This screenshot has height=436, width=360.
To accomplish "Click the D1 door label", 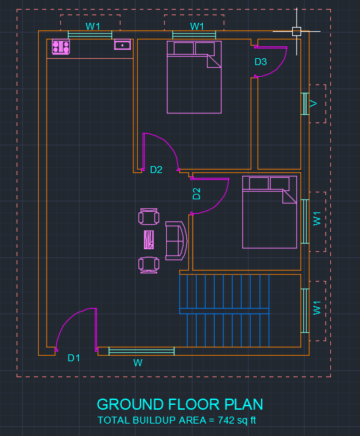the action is [x=73, y=358].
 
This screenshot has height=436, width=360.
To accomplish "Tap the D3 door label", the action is [x=261, y=62].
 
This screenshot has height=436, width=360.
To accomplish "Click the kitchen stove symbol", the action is [x=61, y=46].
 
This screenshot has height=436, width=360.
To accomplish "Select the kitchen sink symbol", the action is [x=123, y=44].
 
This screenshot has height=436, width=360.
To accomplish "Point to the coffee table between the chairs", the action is [x=149, y=239].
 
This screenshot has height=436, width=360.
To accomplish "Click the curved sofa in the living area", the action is [x=176, y=241].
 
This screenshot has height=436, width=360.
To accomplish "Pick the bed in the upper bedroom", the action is [x=194, y=77].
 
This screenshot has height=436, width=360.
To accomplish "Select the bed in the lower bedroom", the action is [x=269, y=212].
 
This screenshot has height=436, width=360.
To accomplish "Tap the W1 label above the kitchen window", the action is [x=93, y=26].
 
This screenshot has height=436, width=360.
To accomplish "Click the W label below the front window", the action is [x=138, y=363].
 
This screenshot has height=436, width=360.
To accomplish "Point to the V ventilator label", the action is [x=314, y=104].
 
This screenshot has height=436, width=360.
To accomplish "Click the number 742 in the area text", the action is [x=226, y=420].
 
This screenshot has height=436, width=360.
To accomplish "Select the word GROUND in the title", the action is [x=130, y=404].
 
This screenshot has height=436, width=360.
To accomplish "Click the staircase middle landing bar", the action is [x=224, y=311].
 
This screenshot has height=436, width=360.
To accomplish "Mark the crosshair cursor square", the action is [x=296, y=31].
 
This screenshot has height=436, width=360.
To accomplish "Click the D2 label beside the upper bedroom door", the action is [x=156, y=170].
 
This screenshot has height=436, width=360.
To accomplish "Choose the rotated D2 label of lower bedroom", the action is [x=197, y=194].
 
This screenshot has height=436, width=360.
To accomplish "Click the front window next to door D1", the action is [x=141, y=351].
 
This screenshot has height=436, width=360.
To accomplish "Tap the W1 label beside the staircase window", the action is [x=317, y=308].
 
